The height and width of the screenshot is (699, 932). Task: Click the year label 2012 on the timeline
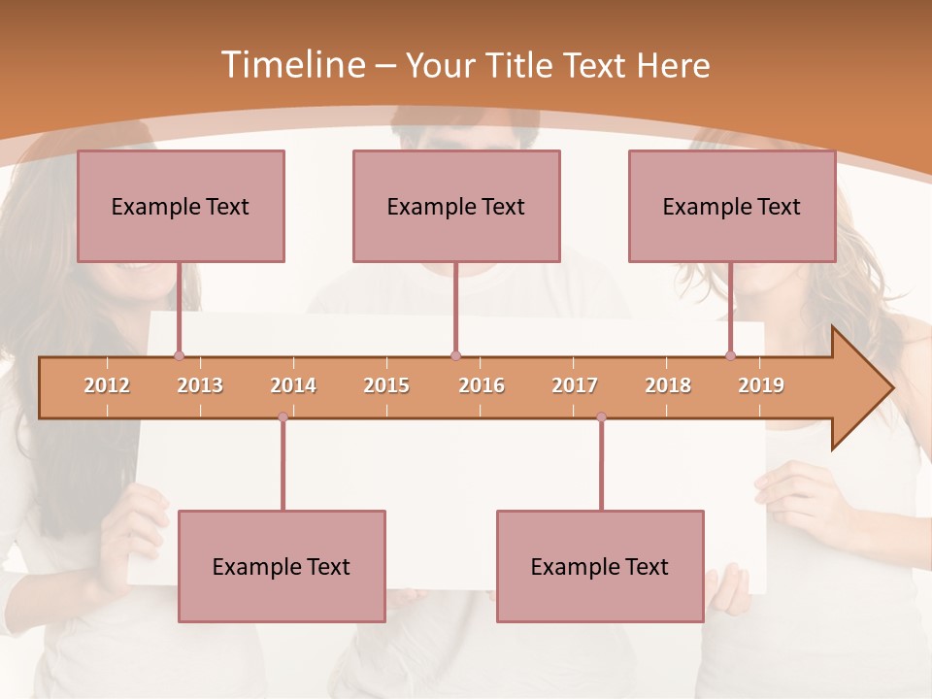click(x=107, y=385)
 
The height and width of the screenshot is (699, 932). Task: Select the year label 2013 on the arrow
click(x=200, y=385)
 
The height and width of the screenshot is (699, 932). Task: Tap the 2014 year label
click(x=293, y=385)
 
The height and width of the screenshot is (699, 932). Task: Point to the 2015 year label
click(x=386, y=385)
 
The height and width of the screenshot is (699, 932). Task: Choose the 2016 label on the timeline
click(x=482, y=385)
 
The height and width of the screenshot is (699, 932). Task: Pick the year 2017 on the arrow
click(x=575, y=385)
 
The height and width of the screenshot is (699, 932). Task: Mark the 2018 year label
click(x=668, y=385)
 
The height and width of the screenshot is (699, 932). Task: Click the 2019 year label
click(x=761, y=385)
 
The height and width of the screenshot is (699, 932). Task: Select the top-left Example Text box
click(x=181, y=206)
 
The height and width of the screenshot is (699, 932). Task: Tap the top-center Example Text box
click(x=456, y=206)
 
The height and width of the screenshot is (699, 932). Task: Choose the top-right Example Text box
click(x=732, y=206)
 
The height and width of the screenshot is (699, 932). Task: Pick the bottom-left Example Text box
click(x=282, y=566)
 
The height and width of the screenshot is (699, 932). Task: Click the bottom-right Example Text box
click(x=600, y=566)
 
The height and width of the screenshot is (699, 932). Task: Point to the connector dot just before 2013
click(x=179, y=356)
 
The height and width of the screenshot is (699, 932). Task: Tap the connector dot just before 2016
click(x=455, y=356)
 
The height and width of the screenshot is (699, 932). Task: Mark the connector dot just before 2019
click(x=730, y=356)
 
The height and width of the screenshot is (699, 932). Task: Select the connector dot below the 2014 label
click(x=283, y=417)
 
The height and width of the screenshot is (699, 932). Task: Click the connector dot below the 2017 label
click(x=601, y=417)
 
